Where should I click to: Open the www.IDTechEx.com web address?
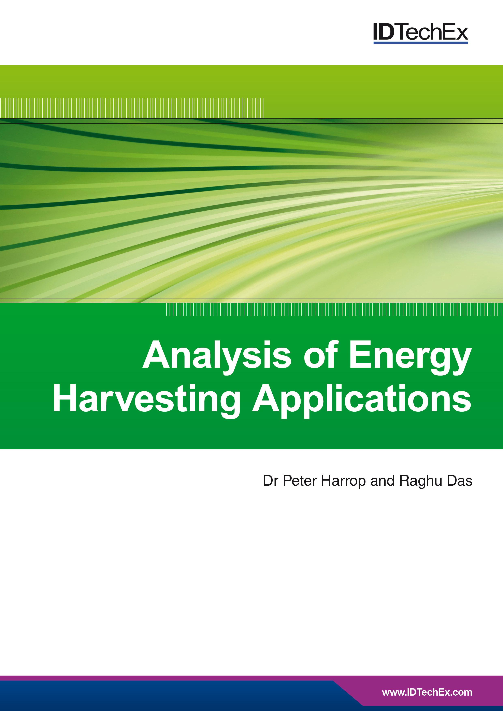tap(427, 692)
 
